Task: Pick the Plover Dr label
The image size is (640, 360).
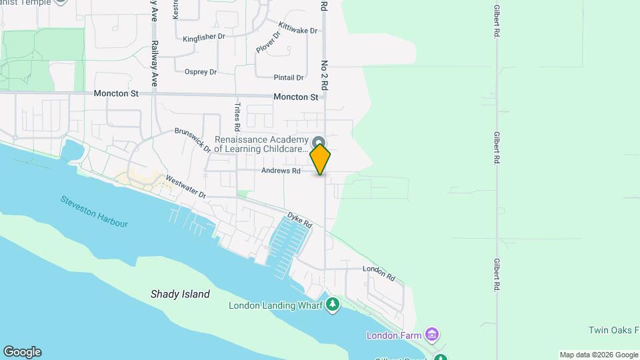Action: click(x=269, y=42)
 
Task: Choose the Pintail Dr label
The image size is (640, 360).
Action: click(x=289, y=78)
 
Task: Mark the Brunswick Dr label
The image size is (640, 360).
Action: click(x=192, y=140)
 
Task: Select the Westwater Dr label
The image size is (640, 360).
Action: click(x=186, y=186)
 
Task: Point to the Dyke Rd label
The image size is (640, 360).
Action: click(x=300, y=221)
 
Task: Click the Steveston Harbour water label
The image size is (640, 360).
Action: click(x=94, y=211)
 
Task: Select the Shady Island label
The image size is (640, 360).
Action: click(x=180, y=294)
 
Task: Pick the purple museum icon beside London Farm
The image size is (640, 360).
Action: click(x=432, y=333)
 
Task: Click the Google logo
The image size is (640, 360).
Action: click(x=22, y=352)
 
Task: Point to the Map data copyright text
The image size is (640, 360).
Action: click(x=599, y=355)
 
